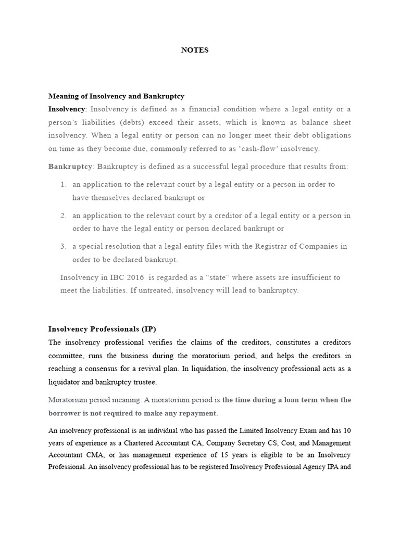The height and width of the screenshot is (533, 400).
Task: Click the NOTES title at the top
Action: point(194,50)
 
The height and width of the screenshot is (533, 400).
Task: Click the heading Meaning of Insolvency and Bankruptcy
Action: point(116,96)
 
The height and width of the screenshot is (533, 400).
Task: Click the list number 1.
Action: point(63,184)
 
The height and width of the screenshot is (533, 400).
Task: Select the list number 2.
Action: point(63,215)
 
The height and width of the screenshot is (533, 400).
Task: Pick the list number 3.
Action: point(63,246)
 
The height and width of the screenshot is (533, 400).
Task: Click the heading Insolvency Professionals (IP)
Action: point(102,329)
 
